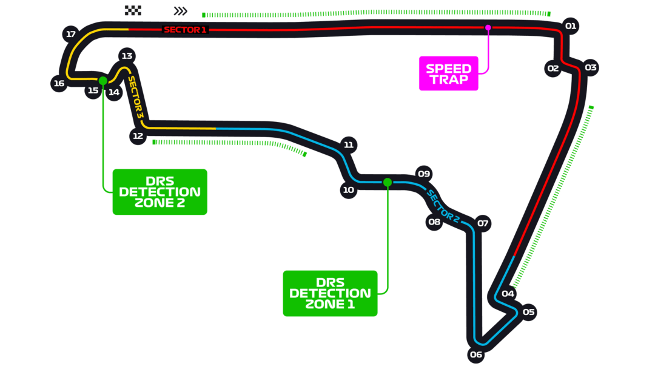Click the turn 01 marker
[x=570, y=26]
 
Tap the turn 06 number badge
[x=475, y=354]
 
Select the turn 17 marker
[x=71, y=34]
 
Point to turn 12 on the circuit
[x=138, y=136]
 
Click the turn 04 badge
[x=508, y=294]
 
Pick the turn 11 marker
[x=348, y=145]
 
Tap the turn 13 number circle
[x=127, y=56]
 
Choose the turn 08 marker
[x=434, y=222]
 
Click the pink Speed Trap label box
[x=448, y=73]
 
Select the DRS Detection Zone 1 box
[x=330, y=293]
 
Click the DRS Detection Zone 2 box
[x=160, y=192]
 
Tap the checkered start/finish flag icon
[x=133, y=10]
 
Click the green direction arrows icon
[x=180, y=11]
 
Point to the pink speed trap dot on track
[x=488, y=27]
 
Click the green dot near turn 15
[x=103, y=80]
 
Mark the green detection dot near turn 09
[x=387, y=182]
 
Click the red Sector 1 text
[x=185, y=30]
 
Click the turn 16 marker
[x=59, y=84]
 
